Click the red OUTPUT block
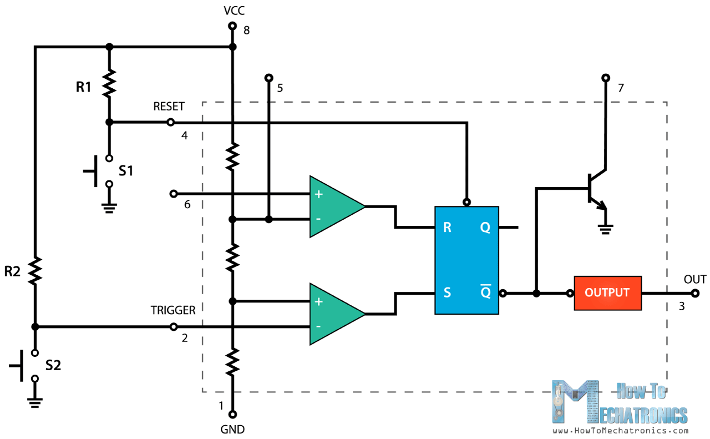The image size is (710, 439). click(607, 292)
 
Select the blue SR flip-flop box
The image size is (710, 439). click(466, 260)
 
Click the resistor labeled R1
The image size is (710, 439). click(109, 83)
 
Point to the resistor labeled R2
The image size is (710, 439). click(35, 270)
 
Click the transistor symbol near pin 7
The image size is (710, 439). click(594, 189)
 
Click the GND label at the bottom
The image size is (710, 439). click(232, 429)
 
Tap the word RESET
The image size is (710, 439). click(169, 107)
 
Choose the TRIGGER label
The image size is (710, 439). click(173, 310)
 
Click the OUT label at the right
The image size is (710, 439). click(695, 279)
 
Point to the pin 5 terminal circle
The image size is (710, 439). click(268, 78)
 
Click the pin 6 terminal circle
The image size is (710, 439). click(173, 194)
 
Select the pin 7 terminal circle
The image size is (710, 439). click(605, 78)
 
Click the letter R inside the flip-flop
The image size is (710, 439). click(447, 228)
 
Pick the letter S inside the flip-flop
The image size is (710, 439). click(447, 292)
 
